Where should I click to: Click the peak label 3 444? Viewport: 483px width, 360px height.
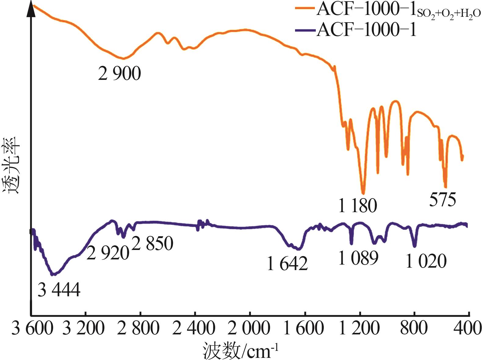coord(59,290)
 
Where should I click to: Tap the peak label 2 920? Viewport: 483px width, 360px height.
coord(108,253)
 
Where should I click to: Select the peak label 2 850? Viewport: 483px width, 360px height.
coord(152,243)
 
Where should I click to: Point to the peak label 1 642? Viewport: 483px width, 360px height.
coord(287,264)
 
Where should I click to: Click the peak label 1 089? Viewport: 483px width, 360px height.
coord(358,258)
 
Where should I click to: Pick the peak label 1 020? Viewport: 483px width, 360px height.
coord(426,261)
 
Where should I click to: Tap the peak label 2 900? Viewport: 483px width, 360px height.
coord(119,73)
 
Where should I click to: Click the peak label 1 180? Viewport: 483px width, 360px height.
coord(358,206)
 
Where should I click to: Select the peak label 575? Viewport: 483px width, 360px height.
coord(442,200)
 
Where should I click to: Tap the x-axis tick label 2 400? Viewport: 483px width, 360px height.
coord(194,329)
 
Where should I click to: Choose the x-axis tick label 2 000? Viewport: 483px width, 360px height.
coord(249,329)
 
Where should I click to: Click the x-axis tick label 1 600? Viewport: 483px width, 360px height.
coord(303,329)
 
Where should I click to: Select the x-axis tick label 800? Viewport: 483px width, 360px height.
coord(413,329)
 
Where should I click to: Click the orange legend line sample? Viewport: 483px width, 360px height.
coord(305,9)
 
